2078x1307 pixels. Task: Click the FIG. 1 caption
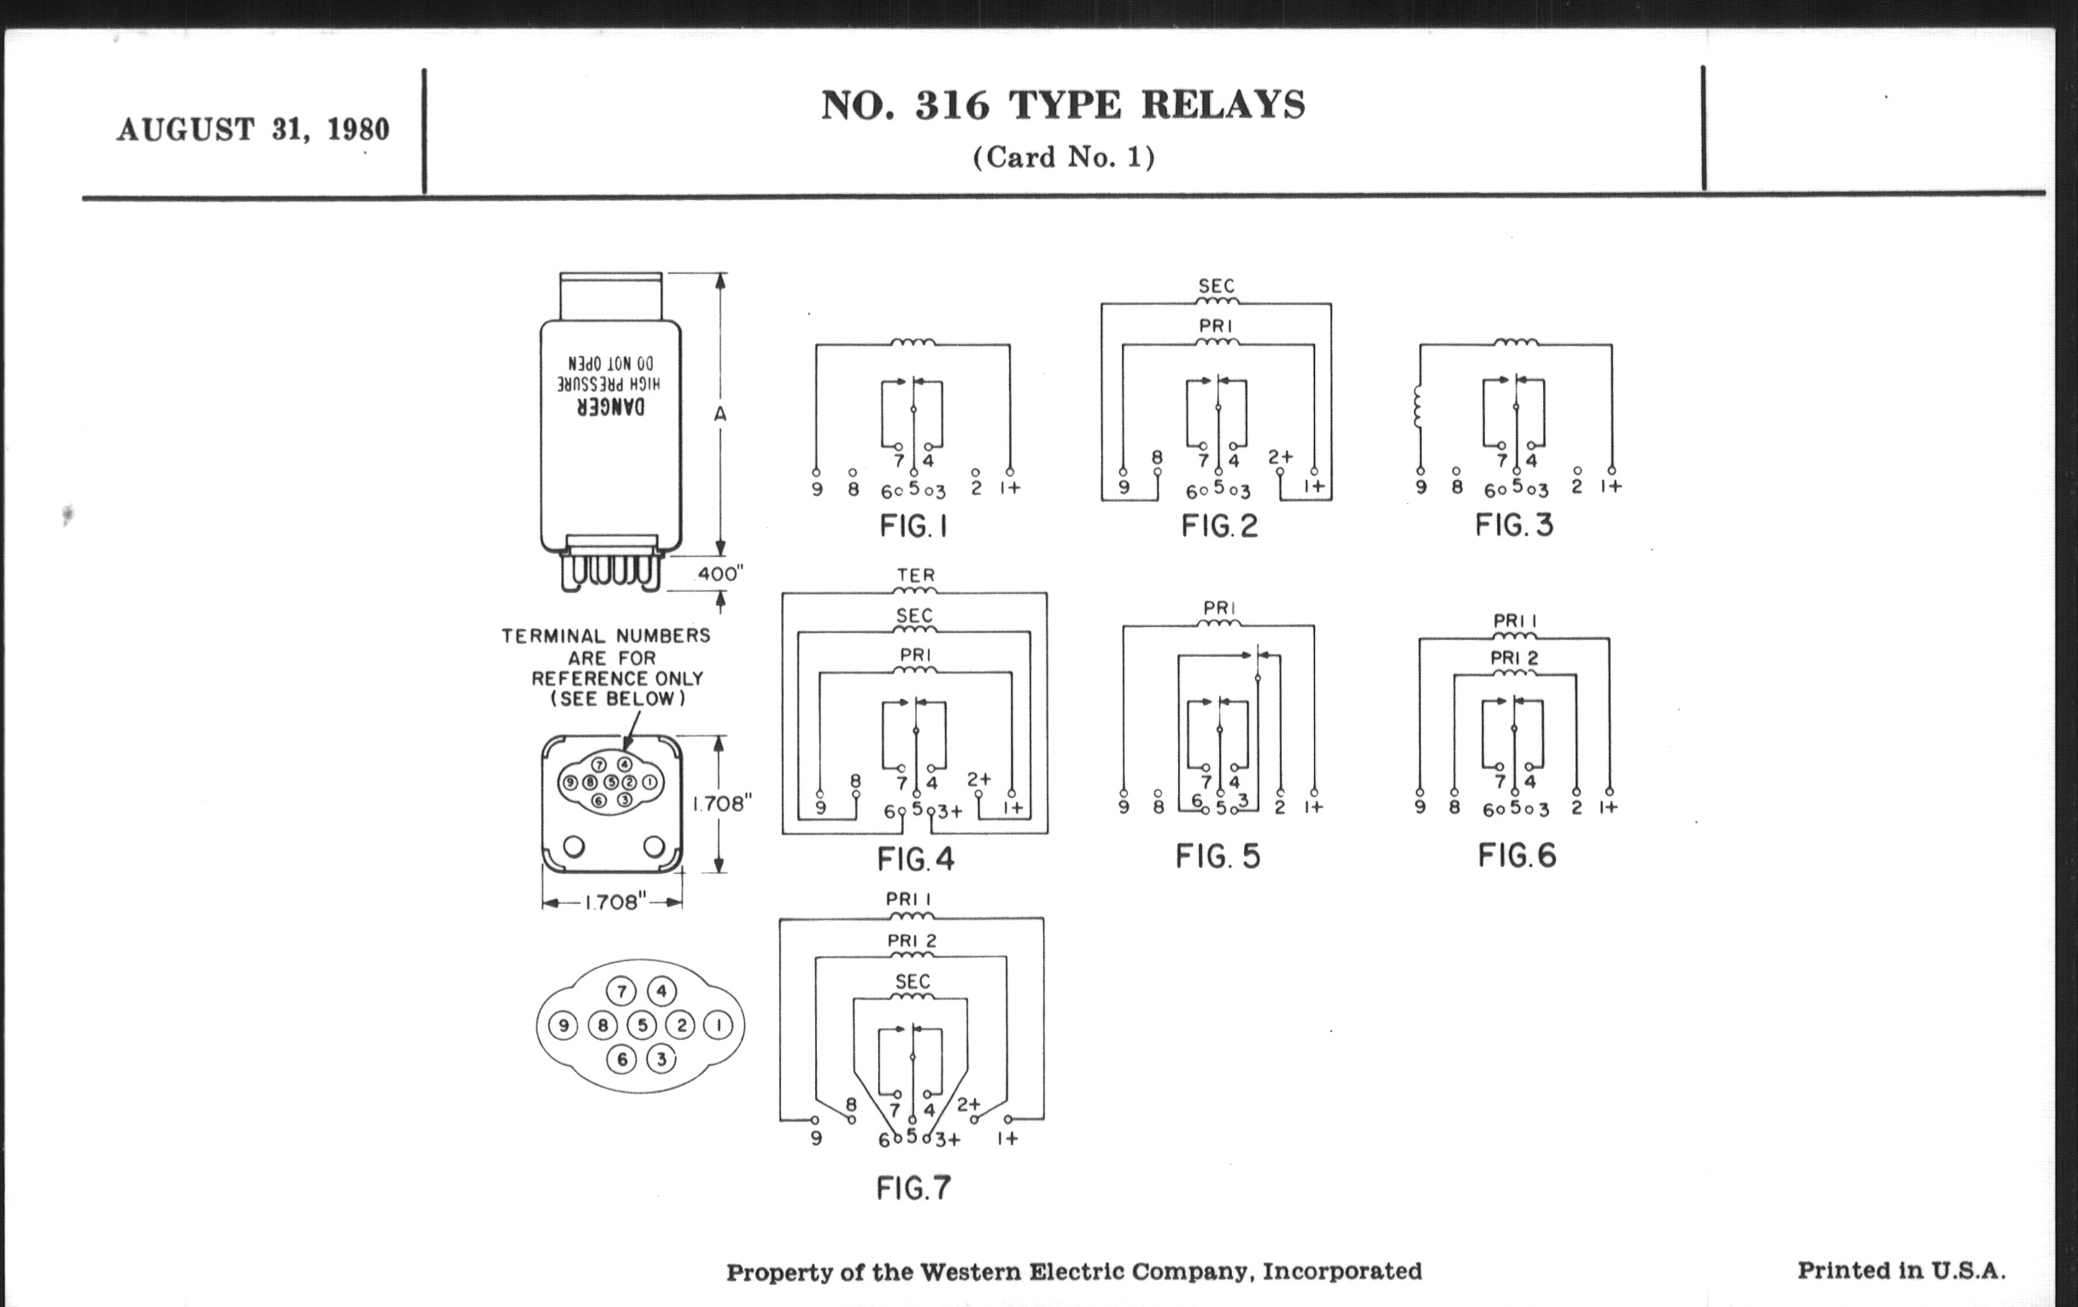click(913, 526)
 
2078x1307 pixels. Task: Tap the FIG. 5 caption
click(1218, 857)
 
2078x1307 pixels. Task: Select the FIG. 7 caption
click(913, 1188)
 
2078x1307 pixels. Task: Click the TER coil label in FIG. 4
click(916, 575)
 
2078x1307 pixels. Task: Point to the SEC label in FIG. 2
click(1217, 285)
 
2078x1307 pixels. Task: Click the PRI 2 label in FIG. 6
click(1514, 659)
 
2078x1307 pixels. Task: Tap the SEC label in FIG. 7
click(913, 982)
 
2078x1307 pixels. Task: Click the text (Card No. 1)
click(1063, 157)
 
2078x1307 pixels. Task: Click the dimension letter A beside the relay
click(720, 415)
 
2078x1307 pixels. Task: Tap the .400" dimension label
click(718, 574)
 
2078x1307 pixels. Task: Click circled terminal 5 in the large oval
click(641, 1026)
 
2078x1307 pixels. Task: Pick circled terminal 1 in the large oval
click(718, 1026)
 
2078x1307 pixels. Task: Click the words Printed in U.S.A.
click(1901, 1271)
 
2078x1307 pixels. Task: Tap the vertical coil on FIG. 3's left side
click(1417, 407)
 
